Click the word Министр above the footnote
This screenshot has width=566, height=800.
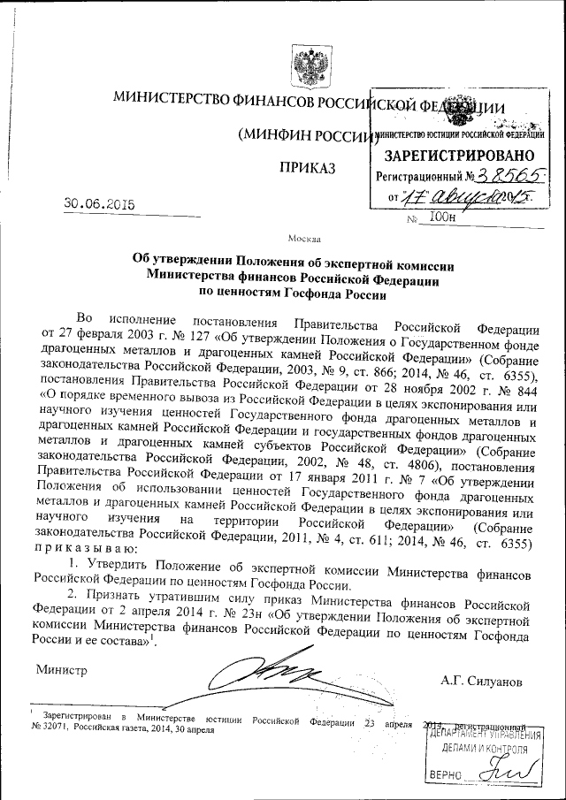(x=62, y=669)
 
